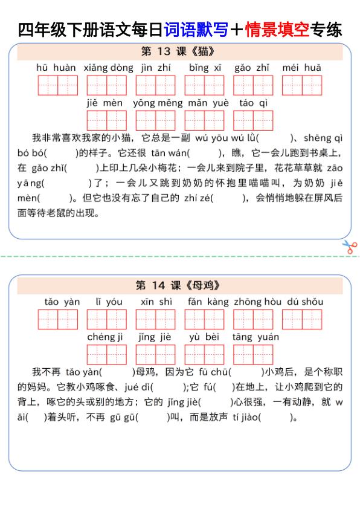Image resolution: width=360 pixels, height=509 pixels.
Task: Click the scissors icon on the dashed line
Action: click(x=350, y=247)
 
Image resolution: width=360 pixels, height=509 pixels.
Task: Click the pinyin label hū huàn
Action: click(x=56, y=68)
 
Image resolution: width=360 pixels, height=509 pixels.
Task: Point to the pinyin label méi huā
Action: click(x=302, y=68)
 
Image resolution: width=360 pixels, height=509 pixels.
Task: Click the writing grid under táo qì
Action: click(x=254, y=120)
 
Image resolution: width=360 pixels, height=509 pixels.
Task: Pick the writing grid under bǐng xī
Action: click(x=204, y=85)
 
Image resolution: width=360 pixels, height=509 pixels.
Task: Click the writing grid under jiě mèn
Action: click(x=106, y=120)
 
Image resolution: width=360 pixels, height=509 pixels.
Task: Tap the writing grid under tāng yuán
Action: click(x=254, y=354)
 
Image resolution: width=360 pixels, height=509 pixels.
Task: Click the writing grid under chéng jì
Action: click(x=106, y=354)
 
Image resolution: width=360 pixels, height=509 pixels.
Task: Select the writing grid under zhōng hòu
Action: click(x=254, y=319)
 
